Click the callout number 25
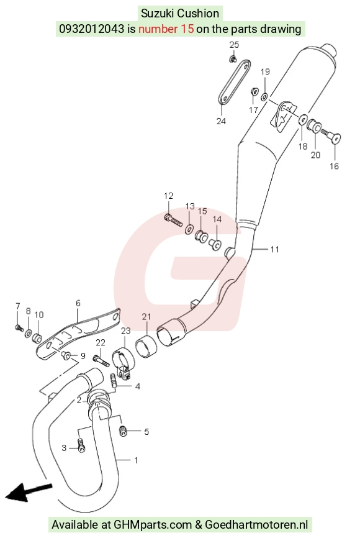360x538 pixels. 234,45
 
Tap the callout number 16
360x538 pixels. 334,166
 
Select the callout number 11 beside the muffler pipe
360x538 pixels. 275,249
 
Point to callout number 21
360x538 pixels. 146,316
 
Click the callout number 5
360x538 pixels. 146,432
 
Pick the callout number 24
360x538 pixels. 221,121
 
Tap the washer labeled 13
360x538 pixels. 189,229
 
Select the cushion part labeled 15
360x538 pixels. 201,237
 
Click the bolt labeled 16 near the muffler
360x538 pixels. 330,137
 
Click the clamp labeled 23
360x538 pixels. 123,362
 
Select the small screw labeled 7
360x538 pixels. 19,328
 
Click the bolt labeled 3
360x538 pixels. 81,445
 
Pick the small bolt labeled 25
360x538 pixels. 233,58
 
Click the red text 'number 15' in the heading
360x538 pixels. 166,29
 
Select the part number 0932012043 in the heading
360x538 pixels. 91,29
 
